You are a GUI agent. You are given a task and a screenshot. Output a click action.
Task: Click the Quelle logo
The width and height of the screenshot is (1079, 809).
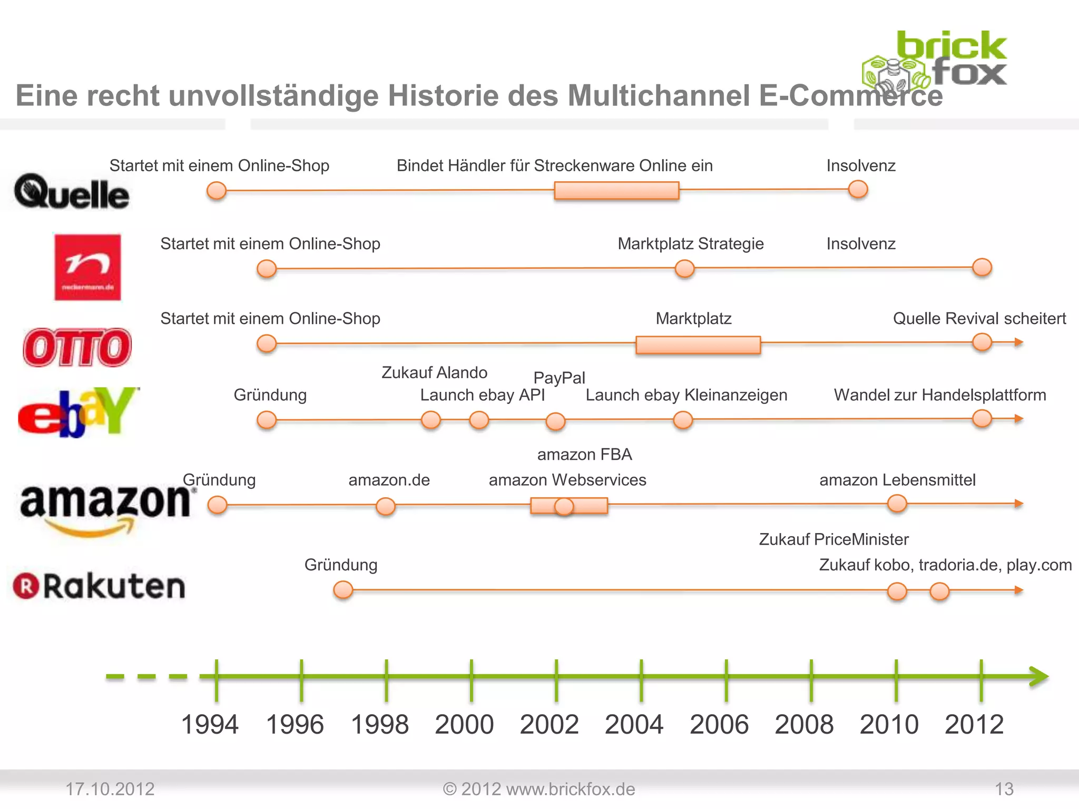[72, 192]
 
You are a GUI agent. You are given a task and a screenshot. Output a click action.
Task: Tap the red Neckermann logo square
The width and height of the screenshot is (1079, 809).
[87, 267]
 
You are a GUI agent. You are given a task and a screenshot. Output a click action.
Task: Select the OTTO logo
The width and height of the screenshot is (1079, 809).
[77, 347]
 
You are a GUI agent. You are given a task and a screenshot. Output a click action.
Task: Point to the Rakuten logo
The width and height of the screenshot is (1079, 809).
[100, 586]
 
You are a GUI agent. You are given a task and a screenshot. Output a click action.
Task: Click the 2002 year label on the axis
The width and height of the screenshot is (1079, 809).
[549, 724]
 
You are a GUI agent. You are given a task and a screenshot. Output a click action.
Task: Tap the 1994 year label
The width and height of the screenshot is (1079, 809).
[210, 724]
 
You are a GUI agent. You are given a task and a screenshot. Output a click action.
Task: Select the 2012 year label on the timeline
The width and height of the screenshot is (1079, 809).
[974, 724]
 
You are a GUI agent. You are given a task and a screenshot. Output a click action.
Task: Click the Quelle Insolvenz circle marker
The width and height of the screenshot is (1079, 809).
[858, 189]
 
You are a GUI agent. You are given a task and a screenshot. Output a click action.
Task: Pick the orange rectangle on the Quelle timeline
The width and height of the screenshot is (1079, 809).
[616, 190]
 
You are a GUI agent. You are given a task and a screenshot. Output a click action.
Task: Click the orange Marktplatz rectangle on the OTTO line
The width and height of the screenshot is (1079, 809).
[698, 345]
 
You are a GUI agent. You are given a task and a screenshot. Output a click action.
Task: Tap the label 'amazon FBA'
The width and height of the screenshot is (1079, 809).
[584, 455]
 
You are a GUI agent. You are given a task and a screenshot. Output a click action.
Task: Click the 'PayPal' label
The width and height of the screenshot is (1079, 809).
[559, 378]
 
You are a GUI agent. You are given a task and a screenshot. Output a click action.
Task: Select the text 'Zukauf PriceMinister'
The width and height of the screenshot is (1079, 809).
[833, 539]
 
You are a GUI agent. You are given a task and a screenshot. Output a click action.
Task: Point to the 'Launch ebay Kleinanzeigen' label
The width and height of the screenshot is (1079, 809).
[686, 395]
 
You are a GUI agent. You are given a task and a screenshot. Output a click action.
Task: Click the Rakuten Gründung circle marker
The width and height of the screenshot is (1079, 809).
[343, 590]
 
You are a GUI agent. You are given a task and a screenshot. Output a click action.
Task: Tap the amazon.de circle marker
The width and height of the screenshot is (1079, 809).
[386, 506]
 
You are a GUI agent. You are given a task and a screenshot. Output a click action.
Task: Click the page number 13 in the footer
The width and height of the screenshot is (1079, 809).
[1004, 789]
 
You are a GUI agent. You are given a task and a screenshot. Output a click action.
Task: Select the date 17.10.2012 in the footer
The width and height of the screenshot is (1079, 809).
[110, 789]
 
